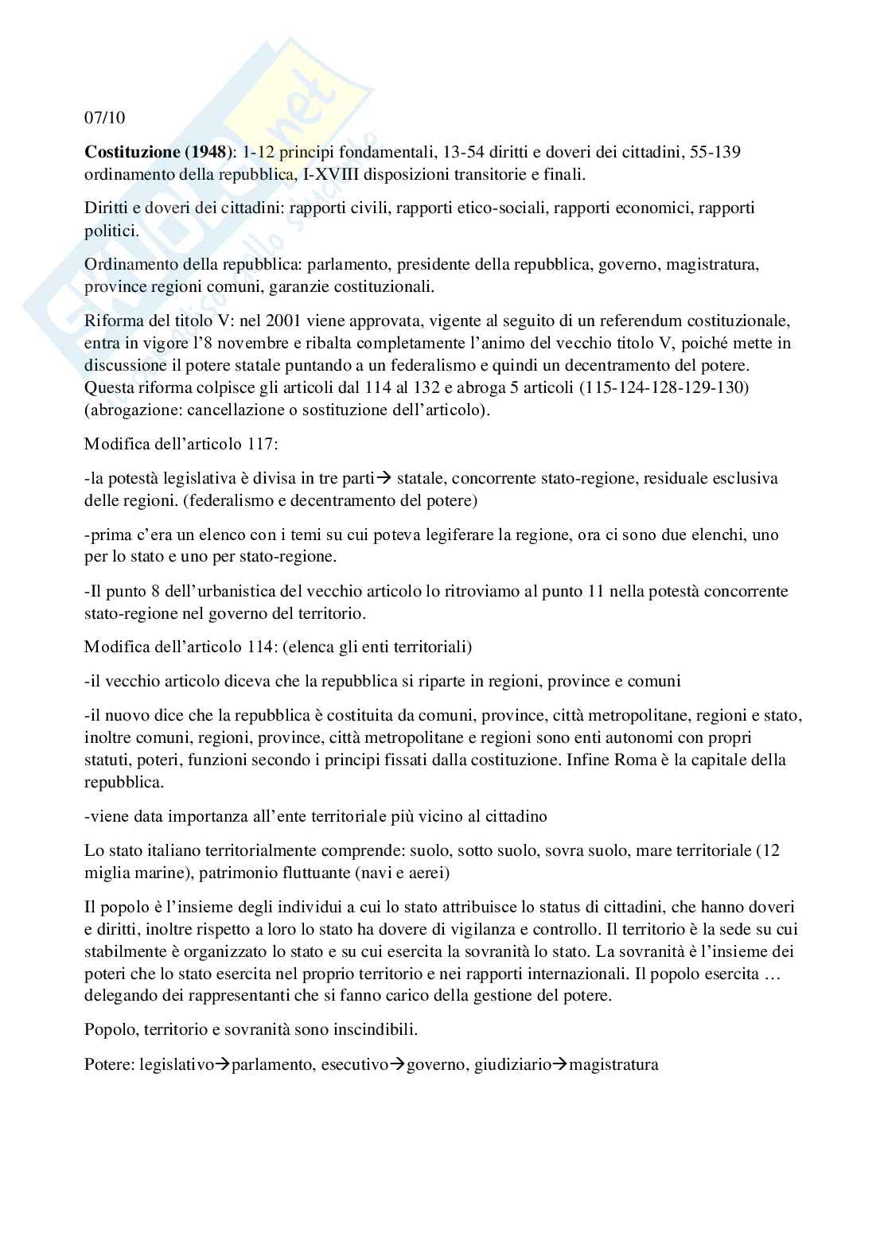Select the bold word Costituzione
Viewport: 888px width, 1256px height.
click(131, 152)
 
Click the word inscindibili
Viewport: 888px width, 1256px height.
click(372, 1029)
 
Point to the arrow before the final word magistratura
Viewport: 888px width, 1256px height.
click(560, 1064)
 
